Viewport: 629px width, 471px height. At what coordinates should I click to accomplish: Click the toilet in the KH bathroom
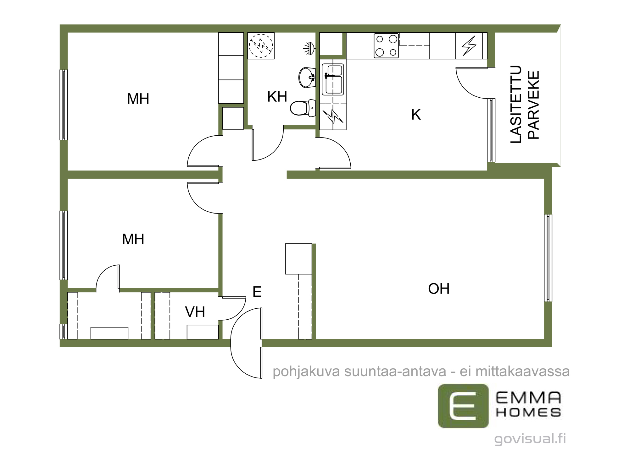pyautogui.click(x=303, y=108)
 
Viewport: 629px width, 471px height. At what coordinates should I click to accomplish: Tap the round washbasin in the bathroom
pyautogui.click(x=307, y=77)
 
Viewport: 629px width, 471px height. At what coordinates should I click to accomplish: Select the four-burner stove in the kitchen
pyautogui.click(x=386, y=46)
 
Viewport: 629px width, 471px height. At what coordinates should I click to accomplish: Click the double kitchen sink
pyautogui.click(x=333, y=79)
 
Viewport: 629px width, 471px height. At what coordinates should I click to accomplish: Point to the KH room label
pyautogui.click(x=277, y=97)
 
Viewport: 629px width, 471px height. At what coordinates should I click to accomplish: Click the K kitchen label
pyautogui.click(x=416, y=115)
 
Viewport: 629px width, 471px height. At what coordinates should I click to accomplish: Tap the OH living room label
pyautogui.click(x=439, y=289)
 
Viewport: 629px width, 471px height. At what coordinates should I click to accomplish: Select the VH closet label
pyautogui.click(x=195, y=312)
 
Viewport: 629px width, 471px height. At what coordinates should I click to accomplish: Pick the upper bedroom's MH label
pyautogui.click(x=138, y=99)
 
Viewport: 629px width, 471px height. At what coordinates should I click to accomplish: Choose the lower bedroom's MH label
pyautogui.click(x=133, y=239)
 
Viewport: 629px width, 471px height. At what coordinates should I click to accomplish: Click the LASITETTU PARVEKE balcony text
pyautogui.click(x=525, y=105)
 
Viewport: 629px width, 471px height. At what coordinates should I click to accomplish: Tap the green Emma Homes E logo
pyautogui.click(x=464, y=406)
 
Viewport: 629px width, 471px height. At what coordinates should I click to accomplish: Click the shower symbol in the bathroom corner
pyautogui.click(x=261, y=46)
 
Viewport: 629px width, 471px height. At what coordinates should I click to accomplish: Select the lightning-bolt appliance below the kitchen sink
pyautogui.click(x=333, y=116)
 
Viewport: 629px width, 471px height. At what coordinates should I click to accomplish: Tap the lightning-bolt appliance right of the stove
pyautogui.click(x=469, y=46)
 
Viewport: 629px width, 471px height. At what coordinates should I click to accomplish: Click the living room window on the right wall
pyautogui.click(x=548, y=258)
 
